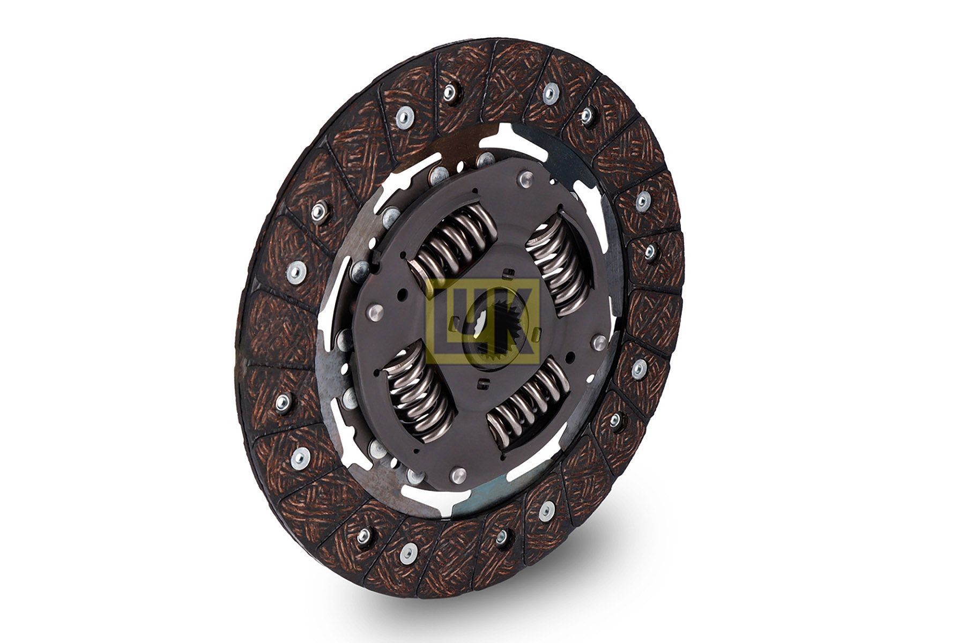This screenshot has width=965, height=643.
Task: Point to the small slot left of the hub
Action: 456,322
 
